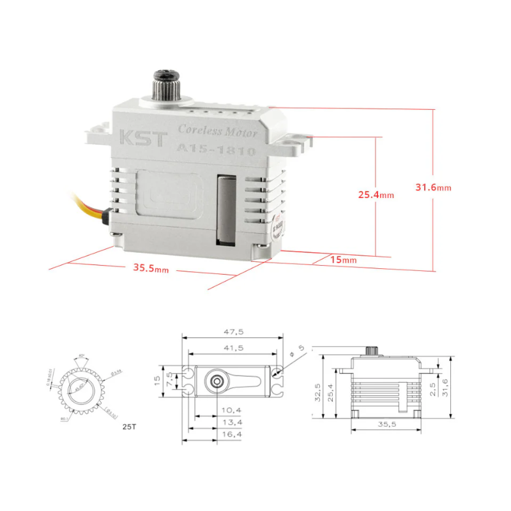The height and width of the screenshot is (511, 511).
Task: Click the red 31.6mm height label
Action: pyautogui.click(x=433, y=188)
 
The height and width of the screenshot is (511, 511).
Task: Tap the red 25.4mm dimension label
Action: pyautogui.click(x=376, y=195)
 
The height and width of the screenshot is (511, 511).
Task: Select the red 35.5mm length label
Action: pyautogui.click(x=151, y=268)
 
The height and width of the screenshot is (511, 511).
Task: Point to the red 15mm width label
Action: pyautogui.click(x=344, y=260)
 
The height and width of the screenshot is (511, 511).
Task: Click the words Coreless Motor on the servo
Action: pyautogui.click(x=217, y=131)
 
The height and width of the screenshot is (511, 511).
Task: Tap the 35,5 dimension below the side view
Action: pyautogui.click(x=383, y=424)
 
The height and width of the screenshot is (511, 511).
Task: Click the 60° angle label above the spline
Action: pyautogui.click(x=81, y=356)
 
